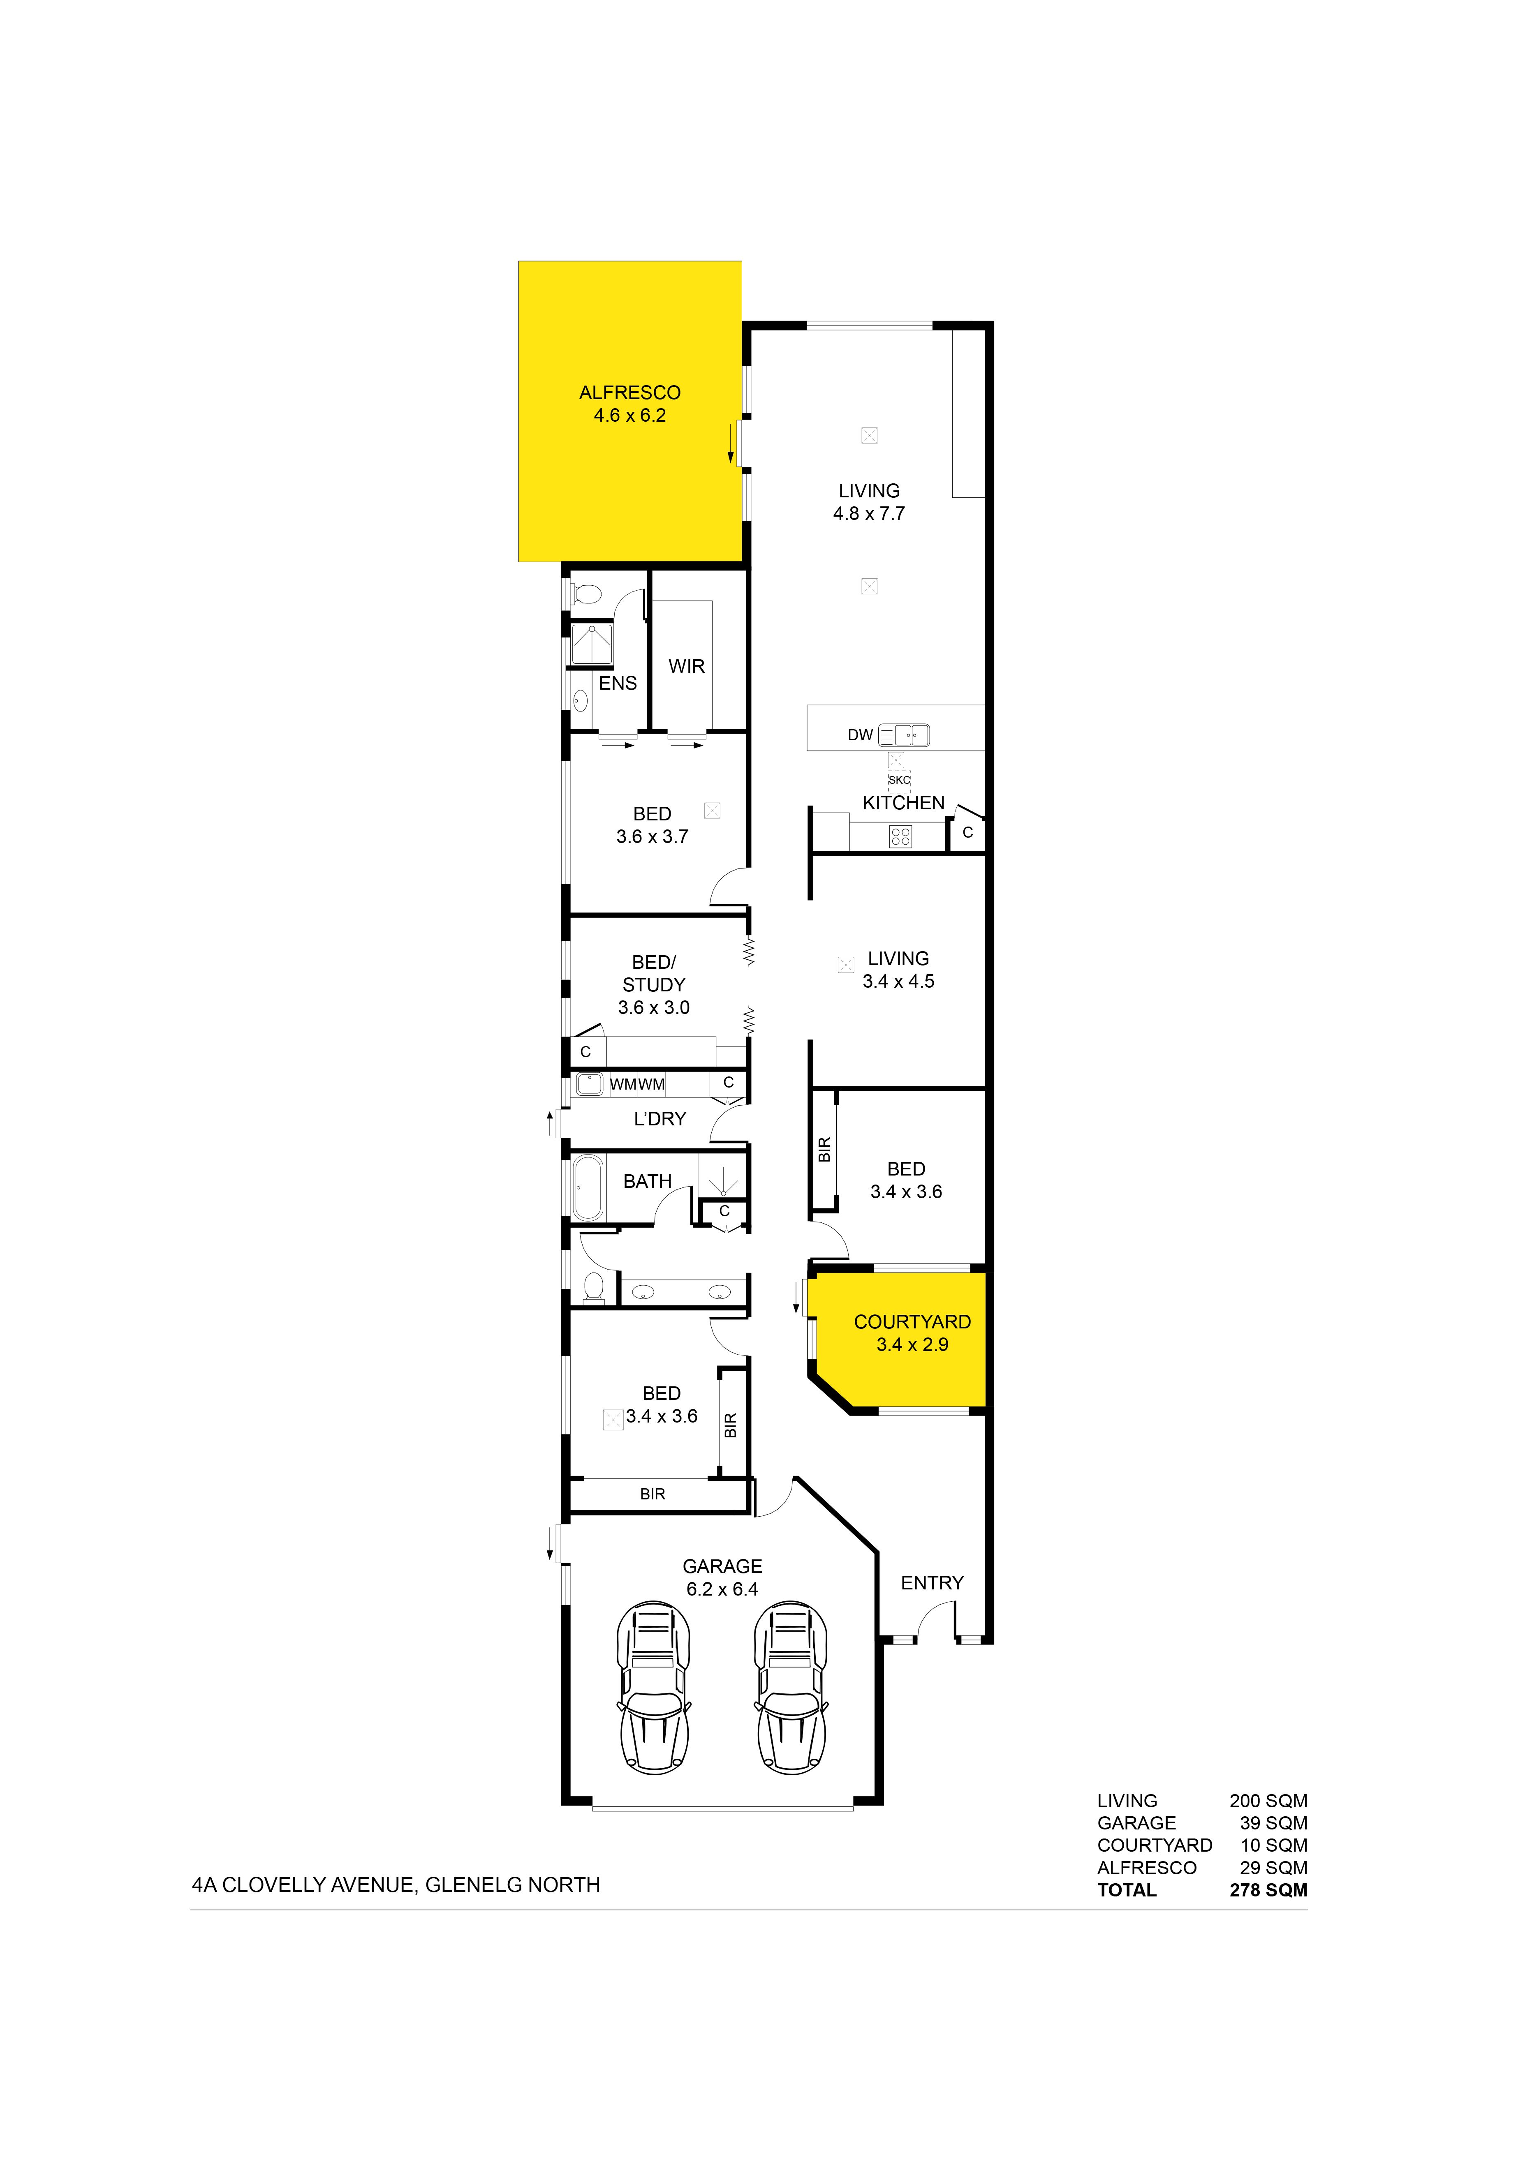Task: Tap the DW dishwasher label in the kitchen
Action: coord(860,735)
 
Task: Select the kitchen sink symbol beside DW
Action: coord(904,735)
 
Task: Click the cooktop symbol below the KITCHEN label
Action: coord(900,836)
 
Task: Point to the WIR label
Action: coord(687,667)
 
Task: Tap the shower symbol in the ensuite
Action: coord(592,645)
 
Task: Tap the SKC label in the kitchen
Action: coord(900,780)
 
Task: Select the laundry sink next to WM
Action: coord(589,1083)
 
